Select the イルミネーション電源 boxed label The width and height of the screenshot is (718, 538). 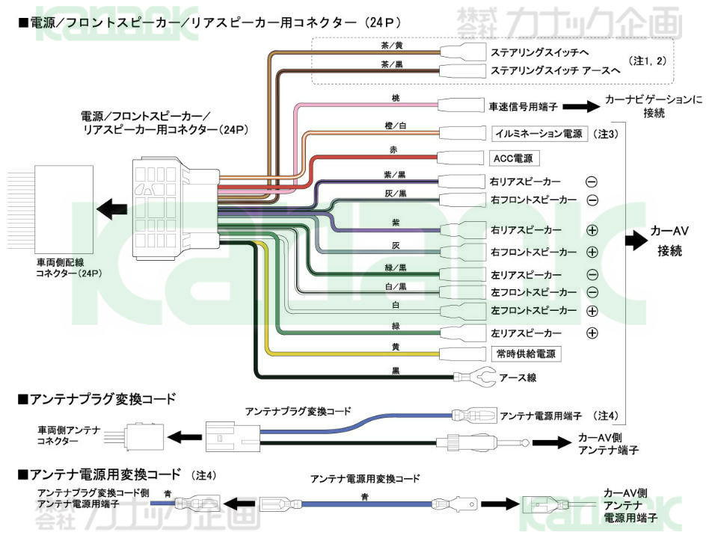538,134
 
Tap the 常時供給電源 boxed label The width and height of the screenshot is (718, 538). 527,353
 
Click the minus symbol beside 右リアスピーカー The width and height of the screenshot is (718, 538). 591,182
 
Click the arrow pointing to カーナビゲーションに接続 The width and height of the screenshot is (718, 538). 579,107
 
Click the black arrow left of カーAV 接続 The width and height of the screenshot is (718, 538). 635,240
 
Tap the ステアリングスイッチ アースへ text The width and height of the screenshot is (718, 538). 556,71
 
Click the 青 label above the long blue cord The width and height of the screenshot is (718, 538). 363,495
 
